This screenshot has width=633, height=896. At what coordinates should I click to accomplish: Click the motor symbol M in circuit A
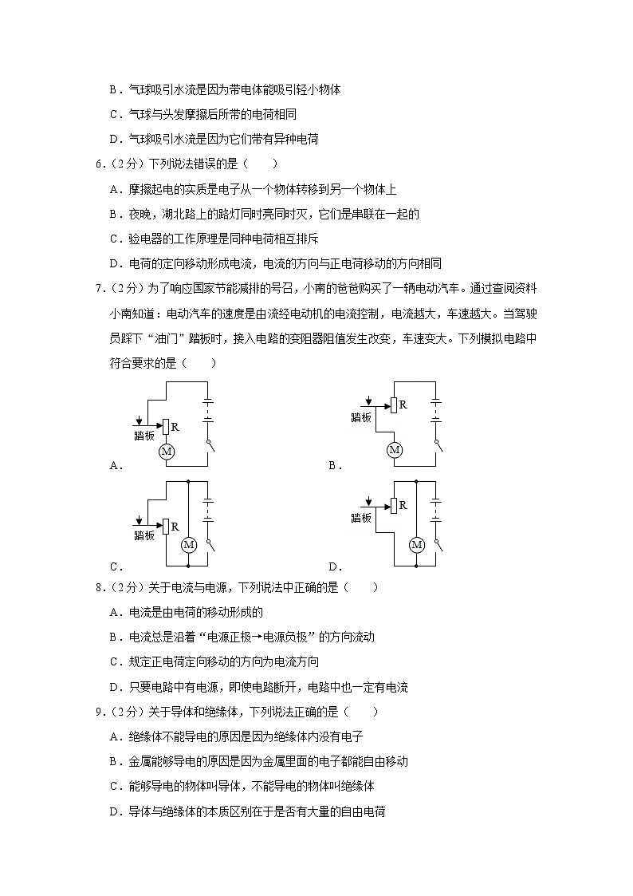point(167,452)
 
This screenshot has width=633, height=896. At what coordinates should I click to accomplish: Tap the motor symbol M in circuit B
point(394,450)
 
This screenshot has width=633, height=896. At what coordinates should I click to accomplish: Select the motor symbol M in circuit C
point(189,545)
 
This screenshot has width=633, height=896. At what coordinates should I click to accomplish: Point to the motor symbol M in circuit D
point(415,545)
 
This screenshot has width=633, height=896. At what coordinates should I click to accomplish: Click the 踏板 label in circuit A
point(144,436)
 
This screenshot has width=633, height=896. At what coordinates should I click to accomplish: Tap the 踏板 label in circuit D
point(361,518)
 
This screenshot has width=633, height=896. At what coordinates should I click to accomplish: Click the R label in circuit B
point(403,405)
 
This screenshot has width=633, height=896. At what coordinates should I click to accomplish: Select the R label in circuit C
point(175,525)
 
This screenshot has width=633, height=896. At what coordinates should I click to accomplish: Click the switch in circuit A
point(210,446)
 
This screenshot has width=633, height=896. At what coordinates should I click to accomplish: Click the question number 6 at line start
point(98,164)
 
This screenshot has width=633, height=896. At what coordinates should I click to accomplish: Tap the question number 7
point(98,289)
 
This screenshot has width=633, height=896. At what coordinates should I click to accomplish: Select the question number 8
point(98,588)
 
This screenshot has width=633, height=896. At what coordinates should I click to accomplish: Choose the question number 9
point(98,712)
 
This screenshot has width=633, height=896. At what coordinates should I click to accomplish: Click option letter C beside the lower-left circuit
point(115,567)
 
